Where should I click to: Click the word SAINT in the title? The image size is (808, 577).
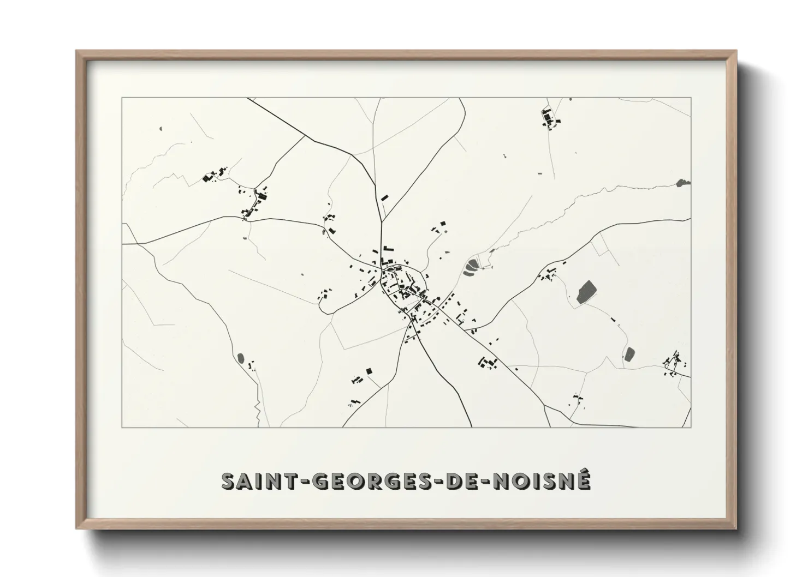point(258,482)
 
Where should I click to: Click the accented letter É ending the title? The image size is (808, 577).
point(583,480)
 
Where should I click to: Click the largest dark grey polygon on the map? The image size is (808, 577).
point(586,291)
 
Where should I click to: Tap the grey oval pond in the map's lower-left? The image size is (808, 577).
point(240,358)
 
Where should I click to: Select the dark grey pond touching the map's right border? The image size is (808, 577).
point(682,183)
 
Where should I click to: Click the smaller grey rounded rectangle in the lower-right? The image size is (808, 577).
point(629,354)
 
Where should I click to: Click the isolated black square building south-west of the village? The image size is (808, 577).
point(369,371)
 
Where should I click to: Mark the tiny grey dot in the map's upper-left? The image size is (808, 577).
point(162,129)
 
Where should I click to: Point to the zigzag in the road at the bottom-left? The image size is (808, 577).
point(257,406)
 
